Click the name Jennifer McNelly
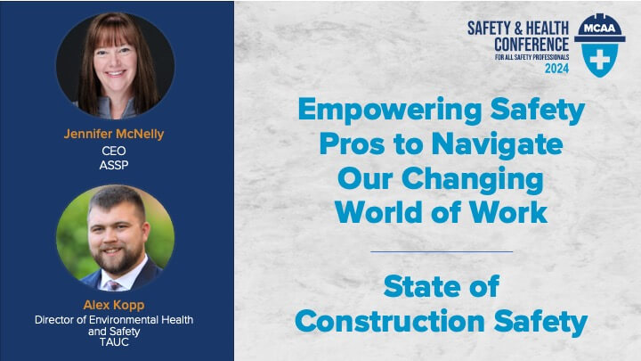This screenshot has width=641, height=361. point(114,134)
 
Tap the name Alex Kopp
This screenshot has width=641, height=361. point(114,305)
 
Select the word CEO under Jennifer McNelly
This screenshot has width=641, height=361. point(114,151)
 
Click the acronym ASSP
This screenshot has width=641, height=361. point(114,165)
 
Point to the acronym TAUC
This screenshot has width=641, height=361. point(114,342)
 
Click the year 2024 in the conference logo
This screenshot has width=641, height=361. point(556,69)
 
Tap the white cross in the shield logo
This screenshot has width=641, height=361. point(600,61)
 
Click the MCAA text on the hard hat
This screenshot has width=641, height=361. point(600,29)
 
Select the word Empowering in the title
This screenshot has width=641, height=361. point(390,111)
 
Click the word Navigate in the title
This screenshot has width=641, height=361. point(498,145)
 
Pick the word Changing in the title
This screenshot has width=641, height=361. point(473,180)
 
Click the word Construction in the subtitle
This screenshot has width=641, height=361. point(390,321)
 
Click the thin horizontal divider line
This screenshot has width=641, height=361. point(442,251)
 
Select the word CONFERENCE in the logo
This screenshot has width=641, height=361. point(531,45)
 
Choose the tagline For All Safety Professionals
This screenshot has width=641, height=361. point(531,57)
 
